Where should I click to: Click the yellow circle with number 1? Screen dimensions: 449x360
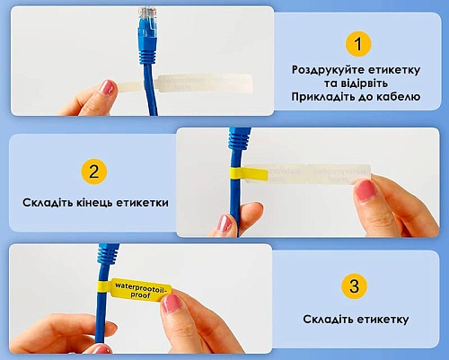coord(358,44)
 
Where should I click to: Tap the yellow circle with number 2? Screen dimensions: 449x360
coord(94,171)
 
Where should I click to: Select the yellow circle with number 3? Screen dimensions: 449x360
coord(354,285)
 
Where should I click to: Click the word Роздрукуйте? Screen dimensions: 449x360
coord(328,70)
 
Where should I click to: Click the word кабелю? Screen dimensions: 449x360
coord(398,97)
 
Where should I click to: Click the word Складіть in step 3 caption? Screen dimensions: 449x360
coord(328,319)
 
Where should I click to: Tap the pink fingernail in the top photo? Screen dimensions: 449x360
coord(106,87)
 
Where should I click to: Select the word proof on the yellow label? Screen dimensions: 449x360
coord(140,295)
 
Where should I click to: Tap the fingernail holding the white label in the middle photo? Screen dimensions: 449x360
coord(365,190)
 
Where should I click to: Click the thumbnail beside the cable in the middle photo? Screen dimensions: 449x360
coord(224,224)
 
